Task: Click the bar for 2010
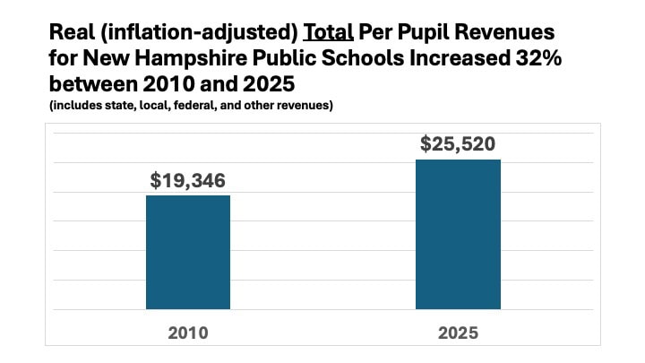[x=188, y=252]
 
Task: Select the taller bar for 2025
[x=458, y=235]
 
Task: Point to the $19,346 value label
[x=188, y=179]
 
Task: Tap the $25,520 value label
[x=459, y=143]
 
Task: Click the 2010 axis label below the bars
[x=188, y=333]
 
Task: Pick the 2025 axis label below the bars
[x=458, y=333]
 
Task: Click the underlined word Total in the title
[x=328, y=33]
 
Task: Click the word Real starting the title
[x=68, y=33]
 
